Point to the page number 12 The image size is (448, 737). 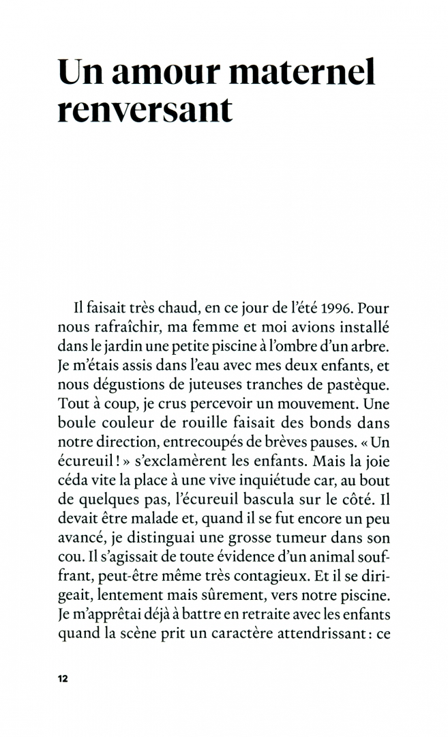(x=63, y=678)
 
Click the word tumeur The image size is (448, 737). (x=297, y=526)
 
